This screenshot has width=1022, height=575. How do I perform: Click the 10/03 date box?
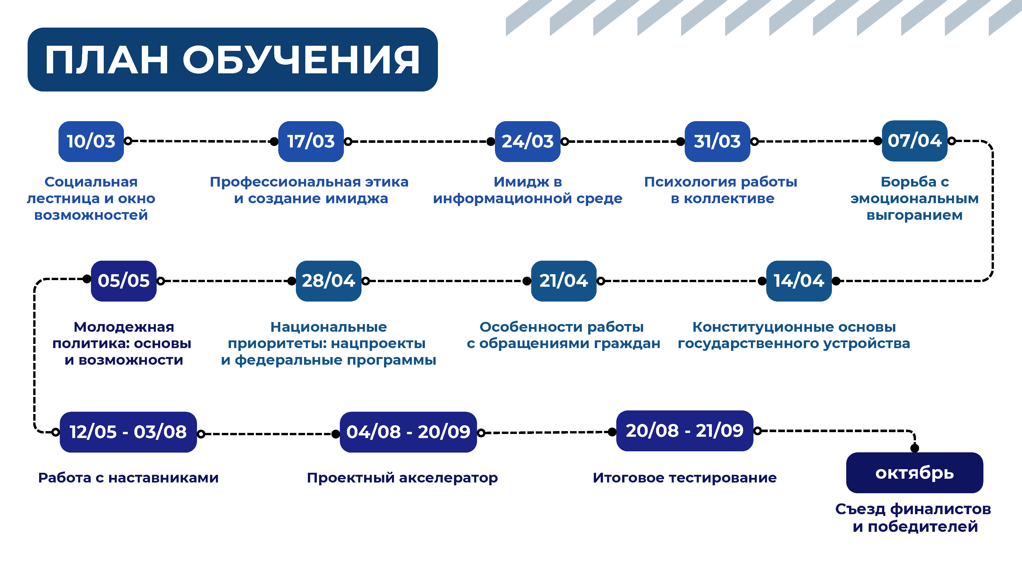point(91,141)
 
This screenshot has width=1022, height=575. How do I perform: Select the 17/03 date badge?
point(311,141)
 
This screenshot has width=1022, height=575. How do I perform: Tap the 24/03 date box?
point(528,141)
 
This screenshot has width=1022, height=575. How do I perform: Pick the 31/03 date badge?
point(717,141)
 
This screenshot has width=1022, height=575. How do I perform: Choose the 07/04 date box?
point(914,141)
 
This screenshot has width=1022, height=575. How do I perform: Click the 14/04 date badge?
point(799,281)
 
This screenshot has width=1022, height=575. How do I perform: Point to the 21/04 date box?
point(564,281)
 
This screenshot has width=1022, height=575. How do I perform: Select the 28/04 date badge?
point(329,281)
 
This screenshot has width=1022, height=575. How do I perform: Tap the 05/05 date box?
point(124,281)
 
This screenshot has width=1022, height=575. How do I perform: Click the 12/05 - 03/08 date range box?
point(128,432)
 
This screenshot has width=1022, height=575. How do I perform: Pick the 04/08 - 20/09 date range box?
point(408,432)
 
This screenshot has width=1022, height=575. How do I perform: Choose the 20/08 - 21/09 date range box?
point(685,431)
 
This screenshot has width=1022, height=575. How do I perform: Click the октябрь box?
point(914,473)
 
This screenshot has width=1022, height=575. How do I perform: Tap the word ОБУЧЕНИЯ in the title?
point(301,60)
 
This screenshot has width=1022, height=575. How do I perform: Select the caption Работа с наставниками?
point(128,478)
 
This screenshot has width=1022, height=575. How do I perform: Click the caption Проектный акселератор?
point(402,478)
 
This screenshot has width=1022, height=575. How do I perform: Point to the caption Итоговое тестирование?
point(685,478)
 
